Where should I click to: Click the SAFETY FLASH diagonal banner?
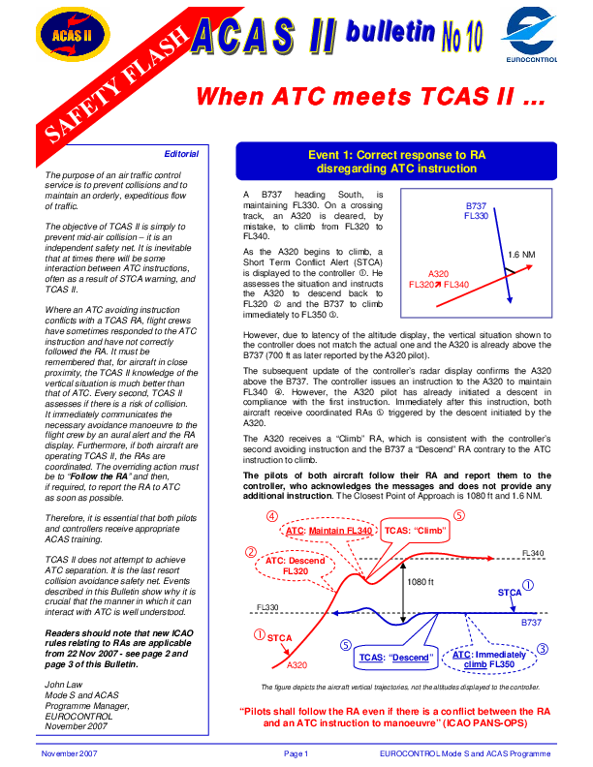pos(107,87)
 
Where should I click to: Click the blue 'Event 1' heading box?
pos(396,161)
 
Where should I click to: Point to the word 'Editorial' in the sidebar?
pos(181,154)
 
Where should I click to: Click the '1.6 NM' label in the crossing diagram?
pos(525,255)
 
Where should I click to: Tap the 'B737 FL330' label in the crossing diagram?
pos(476,211)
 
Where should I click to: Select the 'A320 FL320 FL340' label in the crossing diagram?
pos(439,280)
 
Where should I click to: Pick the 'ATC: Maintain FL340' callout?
pos(329,532)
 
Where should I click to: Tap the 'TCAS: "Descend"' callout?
pos(395,658)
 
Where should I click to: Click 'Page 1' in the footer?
pos(296,753)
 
